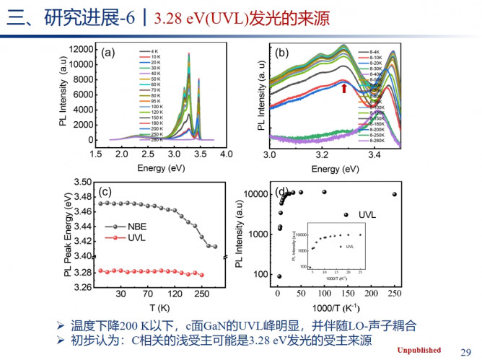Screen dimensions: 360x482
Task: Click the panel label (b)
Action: point(282,52)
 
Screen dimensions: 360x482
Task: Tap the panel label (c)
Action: point(105,191)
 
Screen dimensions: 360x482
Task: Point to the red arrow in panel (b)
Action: point(344,89)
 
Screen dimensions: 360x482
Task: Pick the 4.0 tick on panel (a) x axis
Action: point(227,155)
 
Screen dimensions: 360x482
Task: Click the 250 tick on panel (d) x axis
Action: point(394,292)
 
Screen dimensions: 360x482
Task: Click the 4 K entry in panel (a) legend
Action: point(154,51)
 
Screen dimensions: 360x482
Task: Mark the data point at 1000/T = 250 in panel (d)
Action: point(394,194)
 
